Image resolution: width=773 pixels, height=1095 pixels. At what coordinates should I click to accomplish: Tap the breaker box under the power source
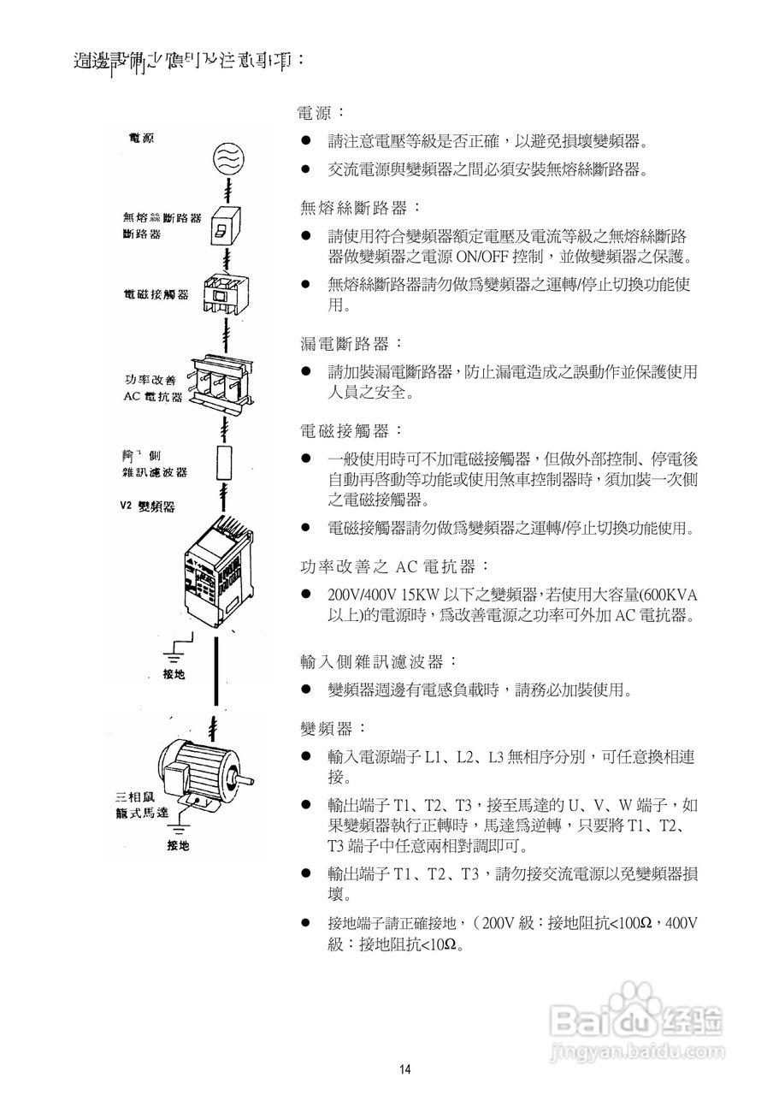coord(225,227)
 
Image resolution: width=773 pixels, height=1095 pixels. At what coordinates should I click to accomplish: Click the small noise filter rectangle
coord(225,462)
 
